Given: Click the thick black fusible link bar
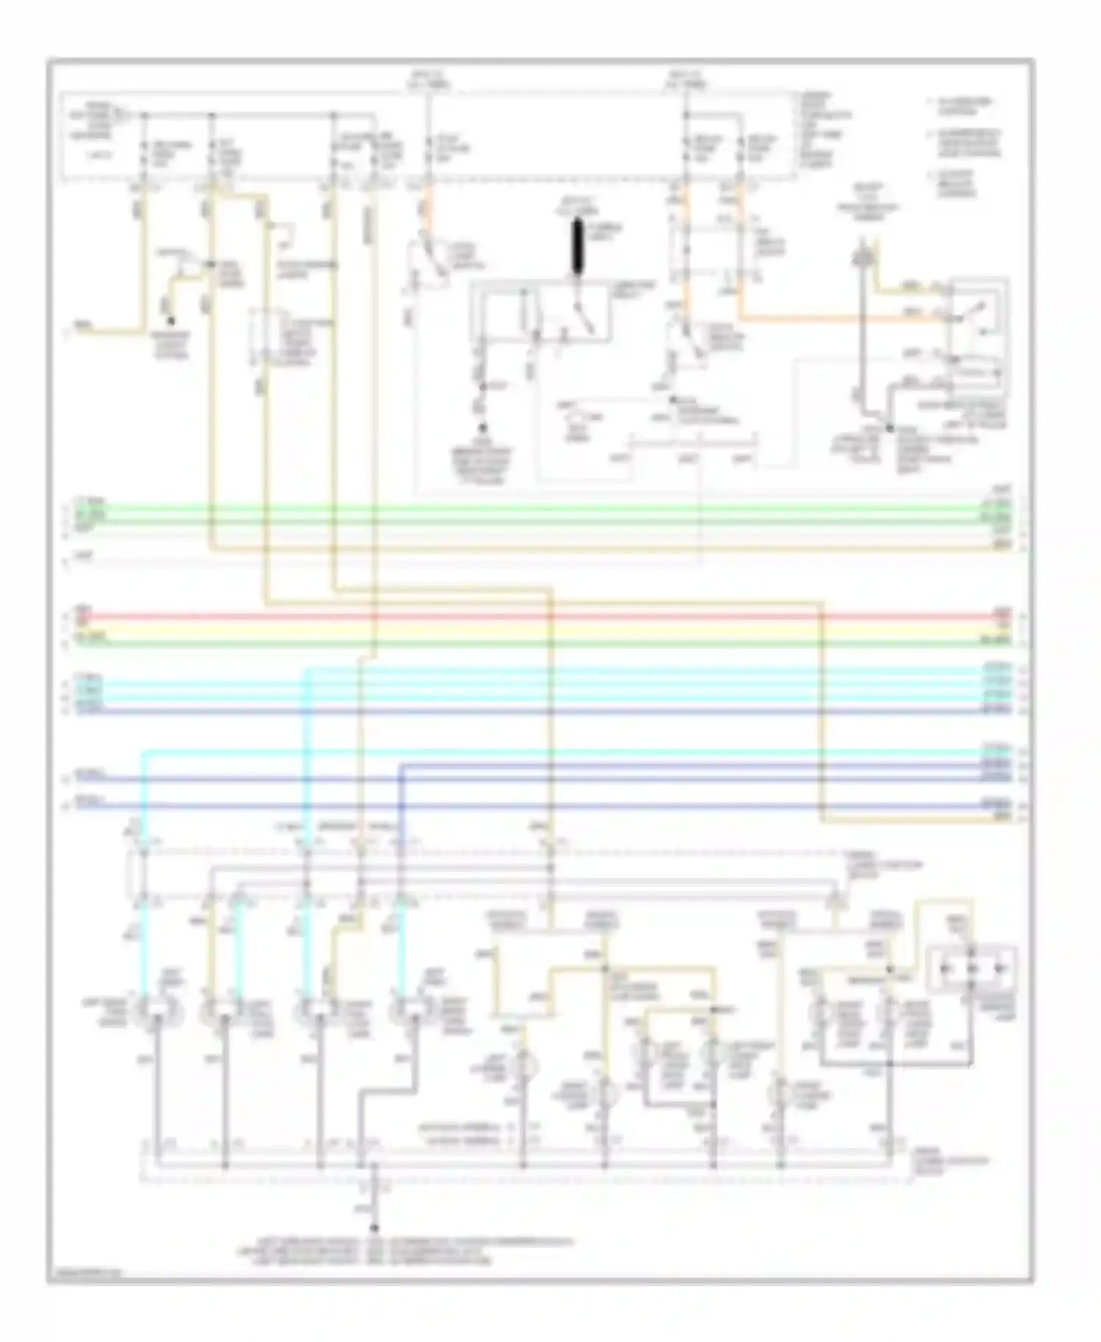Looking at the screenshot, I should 577,247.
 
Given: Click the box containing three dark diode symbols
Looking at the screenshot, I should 972,968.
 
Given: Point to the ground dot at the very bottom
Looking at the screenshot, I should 374,1227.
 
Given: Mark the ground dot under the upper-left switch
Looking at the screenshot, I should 171,321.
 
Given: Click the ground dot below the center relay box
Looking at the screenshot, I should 483,428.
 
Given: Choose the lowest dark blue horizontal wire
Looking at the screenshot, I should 543,806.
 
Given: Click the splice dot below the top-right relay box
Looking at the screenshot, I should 889,427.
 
